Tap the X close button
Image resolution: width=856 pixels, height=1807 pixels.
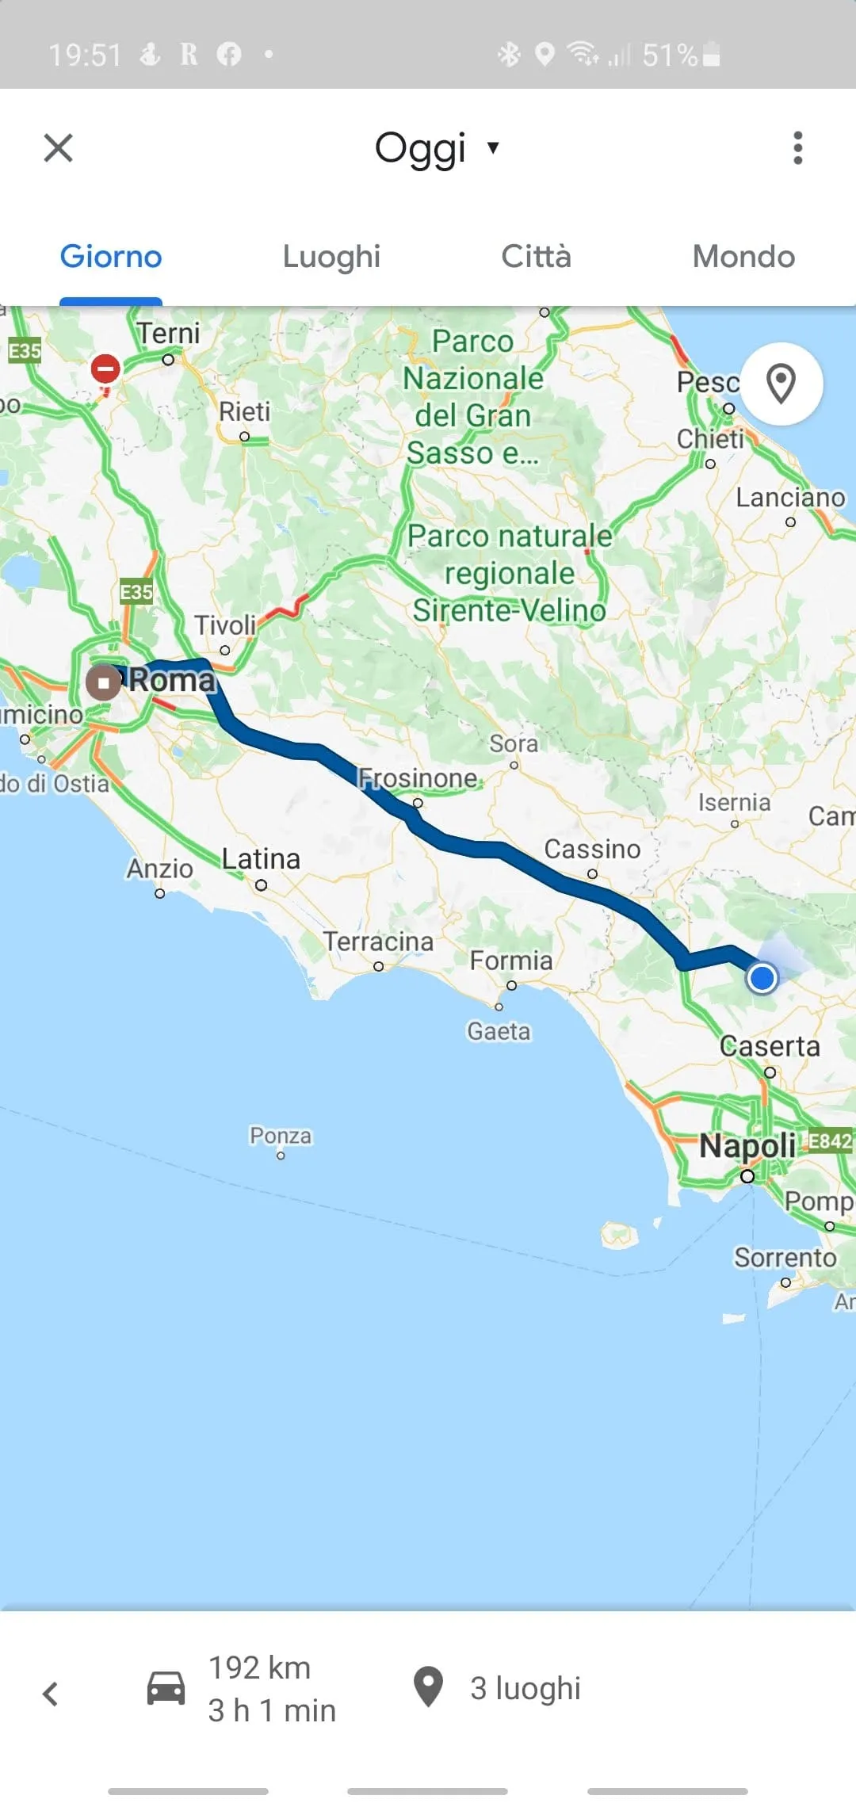(x=58, y=147)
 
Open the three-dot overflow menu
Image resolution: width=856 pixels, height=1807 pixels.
(x=797, y=148)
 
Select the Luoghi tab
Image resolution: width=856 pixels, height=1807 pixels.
(x=331, y=257)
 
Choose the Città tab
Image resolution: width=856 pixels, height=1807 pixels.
(x=536, y=257)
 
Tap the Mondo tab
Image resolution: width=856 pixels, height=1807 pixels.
(x=743, y=257)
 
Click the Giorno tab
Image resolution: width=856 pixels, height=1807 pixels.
(x=111, y=257)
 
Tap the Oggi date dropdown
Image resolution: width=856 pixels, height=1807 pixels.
(x=436, y=148)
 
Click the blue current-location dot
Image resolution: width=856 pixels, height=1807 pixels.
(x=762, y=978)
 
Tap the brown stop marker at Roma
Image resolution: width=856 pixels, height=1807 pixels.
(x=103, y=682)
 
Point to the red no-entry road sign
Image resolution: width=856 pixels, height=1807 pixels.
(x=105, y=369)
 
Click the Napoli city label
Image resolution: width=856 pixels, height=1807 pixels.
(x=747, y=1146)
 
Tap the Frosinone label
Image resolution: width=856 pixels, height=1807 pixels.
(x=418, y=778)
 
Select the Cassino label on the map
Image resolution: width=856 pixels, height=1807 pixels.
(x=592, y=849)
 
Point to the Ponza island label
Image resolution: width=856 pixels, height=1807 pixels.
(x=281, y=1136)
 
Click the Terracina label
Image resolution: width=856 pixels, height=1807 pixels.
(x=378, y=942)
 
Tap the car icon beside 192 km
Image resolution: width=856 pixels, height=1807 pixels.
(x=166, y=1688)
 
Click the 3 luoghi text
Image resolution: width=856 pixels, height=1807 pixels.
(x=525, y=1688)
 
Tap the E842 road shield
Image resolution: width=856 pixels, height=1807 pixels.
(x=830, y=1141)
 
